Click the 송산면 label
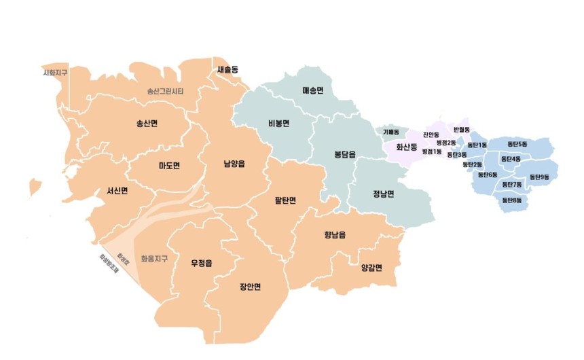point(147,124)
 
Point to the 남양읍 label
point(234,164)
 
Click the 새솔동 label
point(228,69)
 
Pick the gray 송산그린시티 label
point(166,91)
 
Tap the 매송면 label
point(313,90)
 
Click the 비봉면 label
point(279,124)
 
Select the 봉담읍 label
point(345,154)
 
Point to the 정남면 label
point(384,193)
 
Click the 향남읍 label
point(335,235)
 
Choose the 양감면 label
point(371,267)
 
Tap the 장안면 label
point(251,287)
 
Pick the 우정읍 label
point(202,262)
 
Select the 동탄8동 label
point(512,200)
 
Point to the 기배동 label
point(391,132)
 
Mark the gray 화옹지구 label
point(154,259)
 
